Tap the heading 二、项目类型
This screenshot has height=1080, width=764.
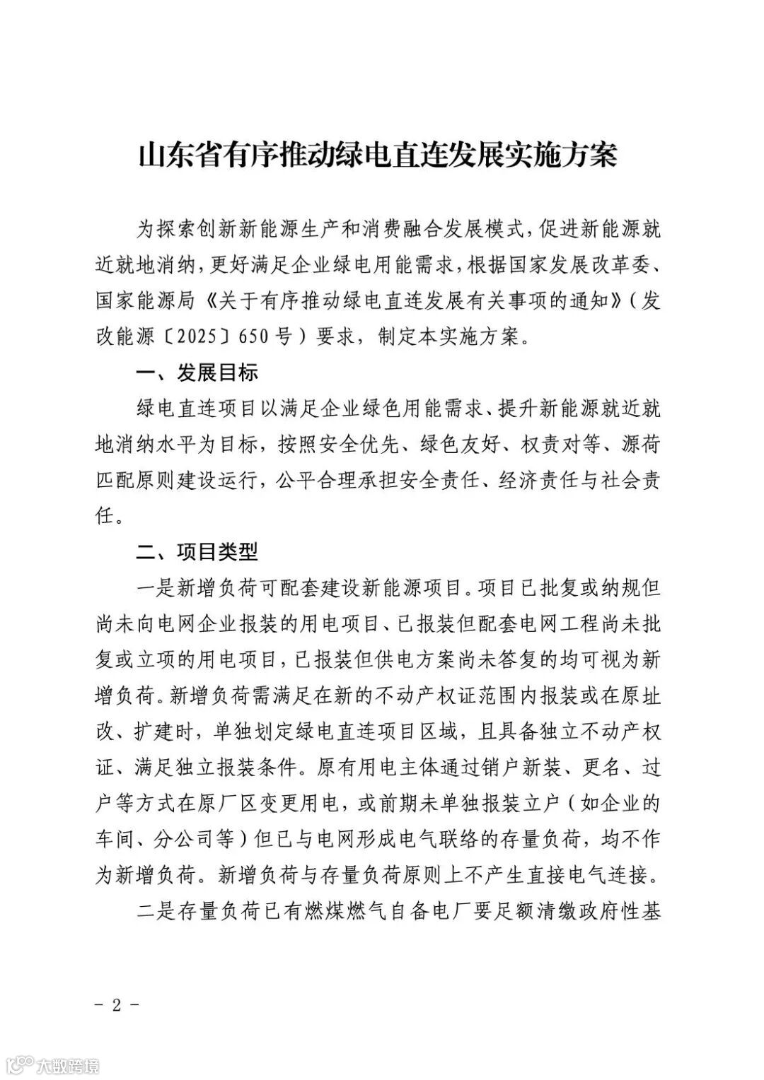click(197, 551)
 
